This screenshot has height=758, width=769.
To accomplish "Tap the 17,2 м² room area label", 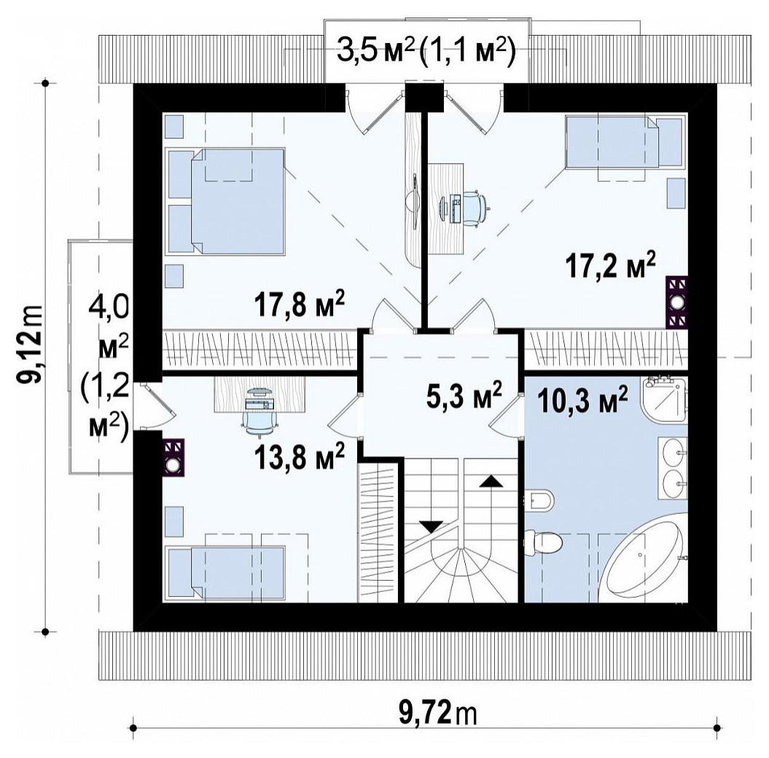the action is pos(611,266).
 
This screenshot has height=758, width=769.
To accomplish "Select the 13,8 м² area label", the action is pos(299,456).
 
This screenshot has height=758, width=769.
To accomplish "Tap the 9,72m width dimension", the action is pos(437,714).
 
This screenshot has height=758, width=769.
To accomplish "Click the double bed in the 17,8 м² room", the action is pos(226,201).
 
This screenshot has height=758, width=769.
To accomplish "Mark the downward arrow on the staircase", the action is pos(432,526).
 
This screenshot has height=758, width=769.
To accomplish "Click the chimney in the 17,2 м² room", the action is pos(677,302).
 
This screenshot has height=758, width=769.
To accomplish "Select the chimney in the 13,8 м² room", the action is pos(173,458).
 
